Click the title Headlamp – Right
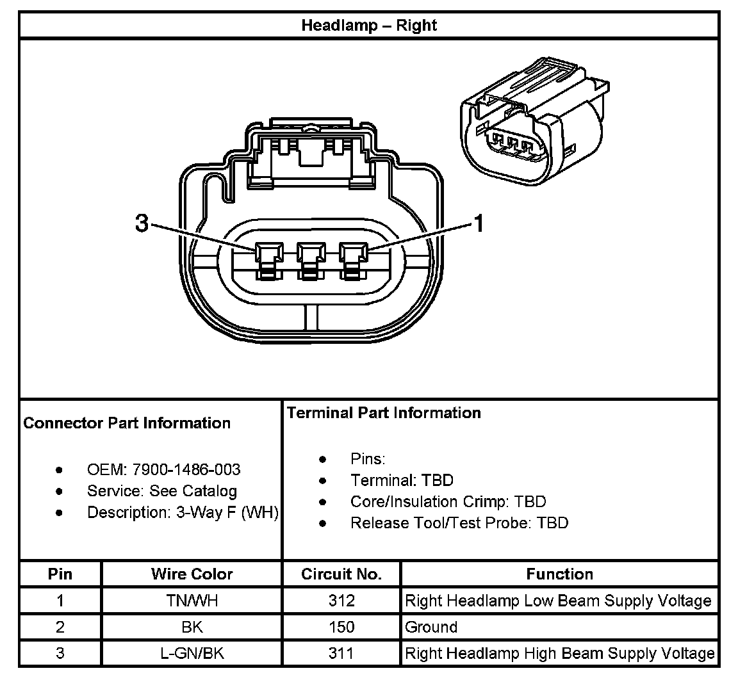tap(369, 26)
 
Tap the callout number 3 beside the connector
tap(142, 223)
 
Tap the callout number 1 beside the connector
tap(478, 223)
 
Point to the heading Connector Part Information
tap(127, 423)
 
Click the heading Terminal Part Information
tap(384, 413)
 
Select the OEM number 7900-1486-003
tap(186, 469)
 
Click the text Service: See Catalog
tap(162, 491)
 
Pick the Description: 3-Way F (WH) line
tap(183, 512)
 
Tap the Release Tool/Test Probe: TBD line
tap(459, 523)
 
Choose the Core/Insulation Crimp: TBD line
tap(448, 501)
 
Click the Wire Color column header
tap(192, 574)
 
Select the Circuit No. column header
tap(341, 574)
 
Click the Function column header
tap(559, 574)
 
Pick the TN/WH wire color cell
tap(192, 601)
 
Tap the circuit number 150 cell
tap(341, 627)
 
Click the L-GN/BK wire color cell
tap(192, 654)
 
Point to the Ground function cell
tap(431, 627)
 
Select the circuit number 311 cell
tap(341, 654)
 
